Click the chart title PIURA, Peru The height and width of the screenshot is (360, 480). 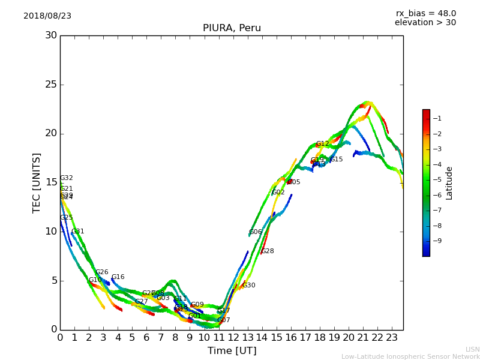tap(232, 28)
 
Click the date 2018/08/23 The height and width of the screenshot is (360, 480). tap(47, 16)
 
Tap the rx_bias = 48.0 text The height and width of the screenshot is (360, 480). tap(425, 14)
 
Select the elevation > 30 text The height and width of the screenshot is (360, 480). tap(425, 23)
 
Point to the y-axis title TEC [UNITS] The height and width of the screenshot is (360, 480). tap(37, 182)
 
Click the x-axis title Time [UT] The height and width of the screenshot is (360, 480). tap(232, 350)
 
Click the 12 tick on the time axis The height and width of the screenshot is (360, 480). tap(233, 338)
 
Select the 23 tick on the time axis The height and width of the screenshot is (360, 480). tap(392, 338)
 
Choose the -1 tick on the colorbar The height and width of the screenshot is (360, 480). tap(438, 118)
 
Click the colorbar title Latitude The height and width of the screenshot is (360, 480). tap(449, 183)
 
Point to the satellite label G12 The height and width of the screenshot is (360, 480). tap(322, 144)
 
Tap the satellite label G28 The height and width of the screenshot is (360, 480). tap(268, 251)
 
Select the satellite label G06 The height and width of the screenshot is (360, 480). tap(255, 232)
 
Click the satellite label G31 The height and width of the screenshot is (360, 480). tap(77, 232)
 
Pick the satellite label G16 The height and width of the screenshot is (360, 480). tap(118, 277)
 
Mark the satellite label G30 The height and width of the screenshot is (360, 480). tap(248, 286)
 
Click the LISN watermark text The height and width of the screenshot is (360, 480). tap(472, 349)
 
